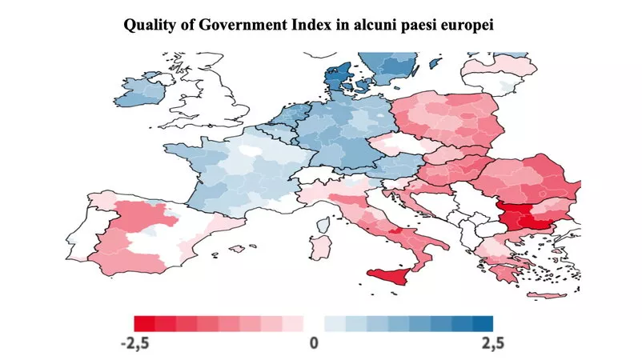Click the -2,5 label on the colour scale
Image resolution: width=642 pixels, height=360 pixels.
[135, 343]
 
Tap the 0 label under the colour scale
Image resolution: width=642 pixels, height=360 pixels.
[314, 343]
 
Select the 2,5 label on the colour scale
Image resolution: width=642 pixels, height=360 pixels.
[492, 343]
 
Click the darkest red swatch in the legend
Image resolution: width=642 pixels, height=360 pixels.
[144, 323]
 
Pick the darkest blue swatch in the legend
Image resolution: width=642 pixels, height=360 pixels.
[483, 323]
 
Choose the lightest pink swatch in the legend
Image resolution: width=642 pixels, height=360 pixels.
[293, 323]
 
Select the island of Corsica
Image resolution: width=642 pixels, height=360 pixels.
[323, 225]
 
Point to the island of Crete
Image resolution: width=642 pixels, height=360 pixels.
[547, 295]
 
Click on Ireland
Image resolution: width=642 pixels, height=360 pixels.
[141, 91]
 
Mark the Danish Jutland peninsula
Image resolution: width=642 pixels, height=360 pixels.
[335, 78]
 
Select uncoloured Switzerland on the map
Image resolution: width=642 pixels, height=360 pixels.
[313, 174]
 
